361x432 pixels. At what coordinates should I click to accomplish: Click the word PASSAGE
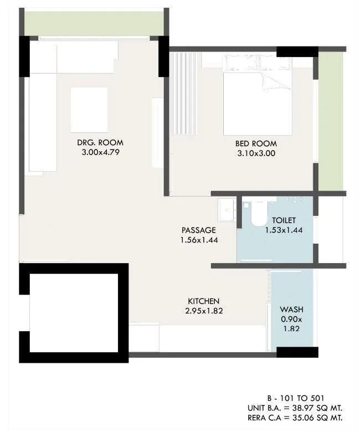(198, 230)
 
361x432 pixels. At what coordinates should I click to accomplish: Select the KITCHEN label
(204, 301)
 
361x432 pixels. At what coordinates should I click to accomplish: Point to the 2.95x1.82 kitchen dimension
(204, 310)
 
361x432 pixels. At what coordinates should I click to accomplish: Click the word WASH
(291, 310)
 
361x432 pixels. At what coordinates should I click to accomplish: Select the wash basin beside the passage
(227, 209)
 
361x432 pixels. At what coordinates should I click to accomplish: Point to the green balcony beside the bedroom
(331, 119)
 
